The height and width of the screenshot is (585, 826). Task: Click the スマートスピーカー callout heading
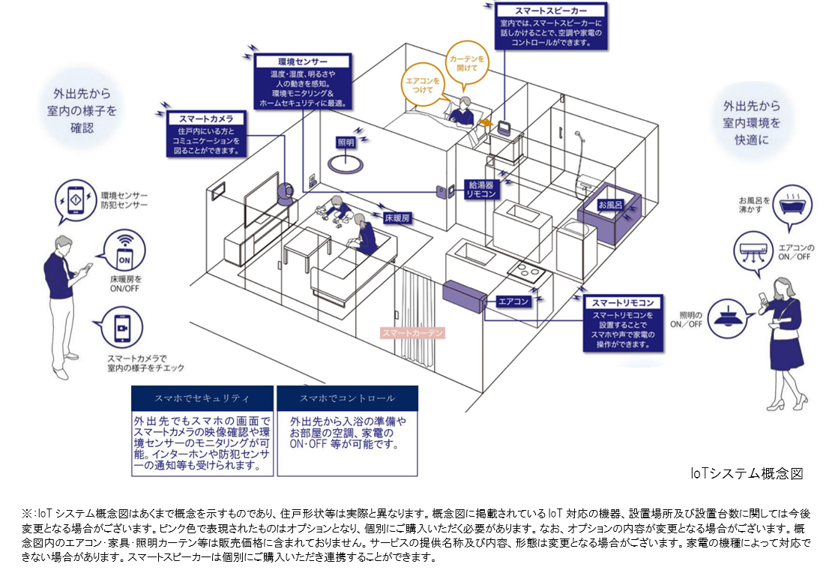coord(550,12)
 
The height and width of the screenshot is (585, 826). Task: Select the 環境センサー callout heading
coord(302,61)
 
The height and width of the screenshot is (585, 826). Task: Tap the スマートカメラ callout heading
coord(206,118)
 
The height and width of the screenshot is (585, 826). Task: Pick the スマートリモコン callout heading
coord(624,302)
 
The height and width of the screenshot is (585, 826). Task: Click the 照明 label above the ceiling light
coord(346,142)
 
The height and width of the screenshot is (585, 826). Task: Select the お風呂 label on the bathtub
coord(609,204)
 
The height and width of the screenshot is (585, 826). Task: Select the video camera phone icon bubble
coord(115,331)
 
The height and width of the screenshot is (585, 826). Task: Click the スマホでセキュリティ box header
coord(202,397)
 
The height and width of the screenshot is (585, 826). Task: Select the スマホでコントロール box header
coord(347,397)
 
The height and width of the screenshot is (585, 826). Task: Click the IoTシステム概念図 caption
coord(747,474)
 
